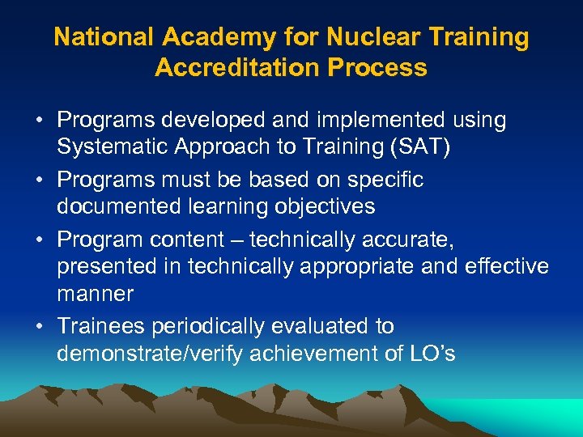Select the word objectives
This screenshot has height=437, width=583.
coord(326,206)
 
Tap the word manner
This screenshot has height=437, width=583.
coord(93,293)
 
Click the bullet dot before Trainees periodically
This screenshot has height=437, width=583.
coord(38,327)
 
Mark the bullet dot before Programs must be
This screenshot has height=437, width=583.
coord(38,180)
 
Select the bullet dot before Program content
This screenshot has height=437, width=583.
coord(38,240)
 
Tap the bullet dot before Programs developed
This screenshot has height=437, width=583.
coord(38,121)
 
